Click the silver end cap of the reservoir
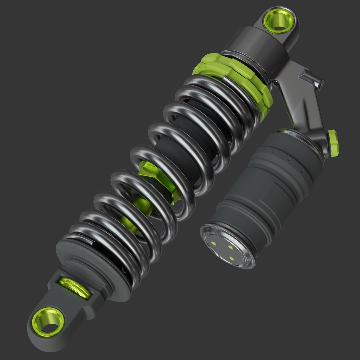click(227, 245)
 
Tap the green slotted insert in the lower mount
click(74, 288)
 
